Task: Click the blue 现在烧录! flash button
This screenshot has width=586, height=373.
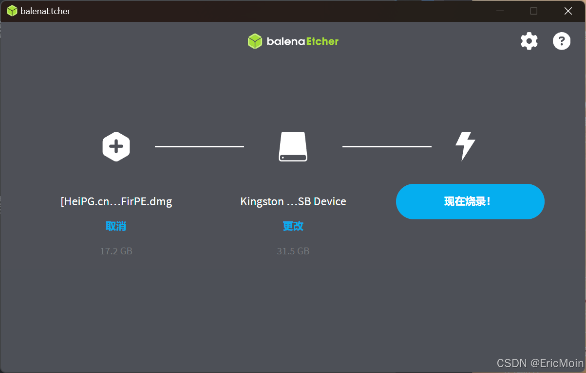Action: click(x=470, y=201)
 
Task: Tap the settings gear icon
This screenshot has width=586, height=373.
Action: click(x=529, y=41)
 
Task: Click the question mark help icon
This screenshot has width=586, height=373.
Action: click(x=561, y=41)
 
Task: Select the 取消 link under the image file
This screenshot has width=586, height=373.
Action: click(x=116, y=226)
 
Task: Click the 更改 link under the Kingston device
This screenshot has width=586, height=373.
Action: click(x=293, y=226)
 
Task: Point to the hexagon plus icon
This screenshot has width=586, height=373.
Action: click(x=116, y=146)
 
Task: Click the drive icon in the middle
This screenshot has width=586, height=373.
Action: click(x=293, y=146)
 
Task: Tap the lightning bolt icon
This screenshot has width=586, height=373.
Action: click(x=465, y=146)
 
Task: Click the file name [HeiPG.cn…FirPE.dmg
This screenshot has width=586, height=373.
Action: click(x=116, y=201)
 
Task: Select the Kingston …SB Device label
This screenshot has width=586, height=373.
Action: click(x=293, y=201)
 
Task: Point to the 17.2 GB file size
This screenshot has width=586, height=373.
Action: click(x=116, y=251)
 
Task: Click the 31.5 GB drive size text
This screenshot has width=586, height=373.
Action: click(x=293, y=251)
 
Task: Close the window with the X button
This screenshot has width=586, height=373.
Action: click(x=568, y=11)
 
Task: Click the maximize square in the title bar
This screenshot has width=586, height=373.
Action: click(x=533, y=11)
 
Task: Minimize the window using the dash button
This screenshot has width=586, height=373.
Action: click(x=499, y=11)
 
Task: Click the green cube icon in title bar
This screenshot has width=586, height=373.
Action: click(x=12, y=11)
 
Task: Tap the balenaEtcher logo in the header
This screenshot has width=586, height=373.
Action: click(x=293, y=41)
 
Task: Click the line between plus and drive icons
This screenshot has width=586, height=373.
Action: click(x=199, y=146)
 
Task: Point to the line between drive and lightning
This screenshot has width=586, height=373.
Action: click(x=387, y=146)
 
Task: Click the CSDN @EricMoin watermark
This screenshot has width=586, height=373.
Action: click(x=540, y=363)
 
